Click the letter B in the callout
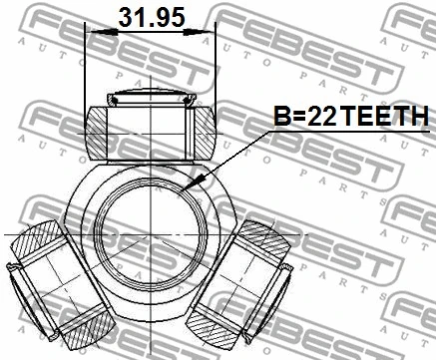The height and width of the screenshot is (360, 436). [282, 118]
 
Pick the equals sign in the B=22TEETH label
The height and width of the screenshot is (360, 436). [298, 118]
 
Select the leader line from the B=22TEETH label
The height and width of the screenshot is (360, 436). [239, 150]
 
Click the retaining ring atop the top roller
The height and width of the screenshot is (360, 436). [150, 97]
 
